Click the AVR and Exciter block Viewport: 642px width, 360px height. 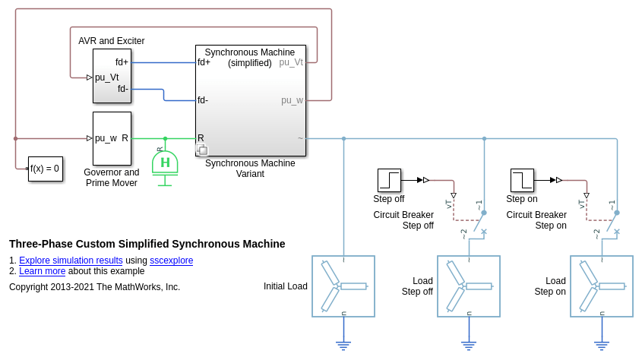[x=112, y=76]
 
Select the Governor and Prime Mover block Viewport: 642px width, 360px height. [x=112, y=138]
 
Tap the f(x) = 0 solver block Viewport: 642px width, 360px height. [x=45, y=169]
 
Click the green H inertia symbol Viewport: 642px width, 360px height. [x=165, y=163]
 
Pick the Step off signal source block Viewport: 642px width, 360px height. [x=389, y=180]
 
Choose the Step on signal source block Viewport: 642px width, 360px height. [x=522, y=180]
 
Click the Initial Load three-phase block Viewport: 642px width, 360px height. [x=343, y=286]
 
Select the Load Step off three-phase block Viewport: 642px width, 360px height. [x=469, y=286]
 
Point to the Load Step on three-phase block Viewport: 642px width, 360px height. [x=602, y=286]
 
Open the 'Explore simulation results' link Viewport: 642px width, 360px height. [x=71, y=261]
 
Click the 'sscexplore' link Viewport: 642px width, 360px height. [x=171, y=261]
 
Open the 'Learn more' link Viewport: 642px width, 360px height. [x=43, y=271]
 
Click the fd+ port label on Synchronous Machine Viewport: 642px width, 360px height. [x=204, y=62]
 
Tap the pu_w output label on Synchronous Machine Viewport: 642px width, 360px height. [x=292, y=100]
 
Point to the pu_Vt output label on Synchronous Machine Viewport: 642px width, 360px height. [x=291, y=62]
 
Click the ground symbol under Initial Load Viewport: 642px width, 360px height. [x=343, y=346]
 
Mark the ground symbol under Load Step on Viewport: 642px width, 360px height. [x=602, y=346]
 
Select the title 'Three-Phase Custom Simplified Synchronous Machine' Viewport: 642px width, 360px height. [x=147, y=244]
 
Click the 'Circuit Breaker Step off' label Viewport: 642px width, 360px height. [x=403, y=220]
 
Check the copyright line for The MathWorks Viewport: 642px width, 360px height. [x=95, y=287]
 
